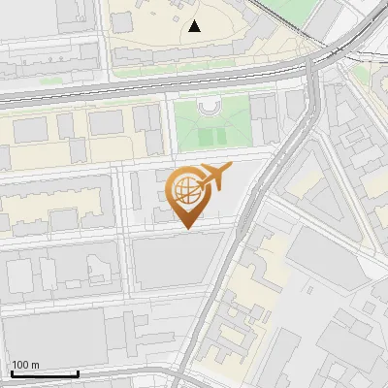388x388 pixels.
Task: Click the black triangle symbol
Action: click(196, 26)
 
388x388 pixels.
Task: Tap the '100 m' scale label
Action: click(24, 365)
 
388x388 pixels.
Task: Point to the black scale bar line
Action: click(44, 373)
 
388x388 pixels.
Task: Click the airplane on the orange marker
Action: click(213, 178)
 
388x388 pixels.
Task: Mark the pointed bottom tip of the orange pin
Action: click(188, 228)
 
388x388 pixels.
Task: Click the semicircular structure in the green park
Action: click(210, 106)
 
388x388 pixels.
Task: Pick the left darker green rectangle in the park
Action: click(204, 138)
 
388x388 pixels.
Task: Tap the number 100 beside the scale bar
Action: click(19, 365)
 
